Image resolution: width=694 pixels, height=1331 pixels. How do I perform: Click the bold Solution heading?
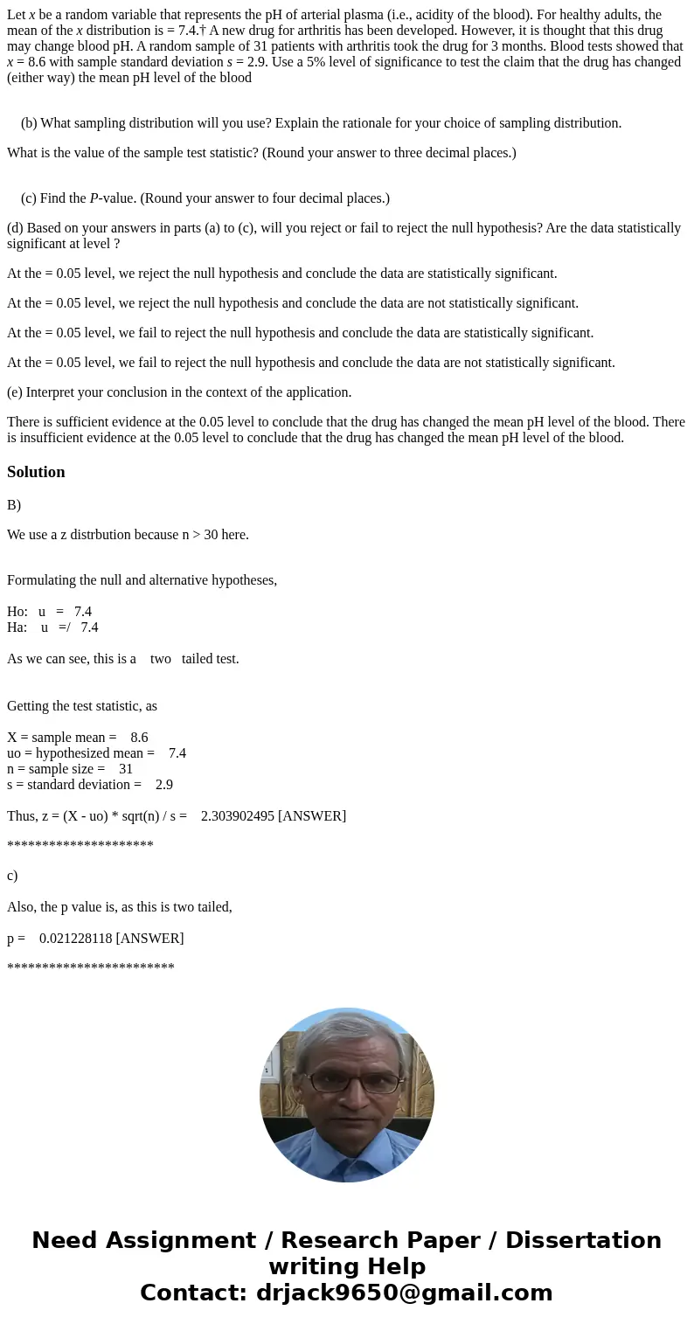pos(36,472)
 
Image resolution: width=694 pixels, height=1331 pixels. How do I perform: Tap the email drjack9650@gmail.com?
pos(404,1293)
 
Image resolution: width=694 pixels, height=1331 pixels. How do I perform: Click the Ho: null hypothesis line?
pos(49,612)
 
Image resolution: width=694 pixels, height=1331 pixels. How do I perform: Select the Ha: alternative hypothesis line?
pos(52,627)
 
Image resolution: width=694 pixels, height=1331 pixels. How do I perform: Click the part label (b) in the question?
pos(29,123)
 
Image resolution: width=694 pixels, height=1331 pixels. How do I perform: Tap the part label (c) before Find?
pos(29,198)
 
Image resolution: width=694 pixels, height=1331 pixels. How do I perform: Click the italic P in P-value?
pos(94,198)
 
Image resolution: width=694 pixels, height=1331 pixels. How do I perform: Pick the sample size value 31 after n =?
pos(126,769)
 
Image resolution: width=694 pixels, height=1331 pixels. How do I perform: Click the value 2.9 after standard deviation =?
pos(164,785)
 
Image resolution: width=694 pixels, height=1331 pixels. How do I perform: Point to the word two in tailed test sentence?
pos(161,659)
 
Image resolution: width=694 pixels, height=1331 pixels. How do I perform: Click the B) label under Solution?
pos(14,505)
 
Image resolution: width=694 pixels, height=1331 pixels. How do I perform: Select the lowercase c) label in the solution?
pos(12,876)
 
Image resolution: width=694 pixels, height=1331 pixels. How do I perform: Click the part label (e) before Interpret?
pos(16,392)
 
